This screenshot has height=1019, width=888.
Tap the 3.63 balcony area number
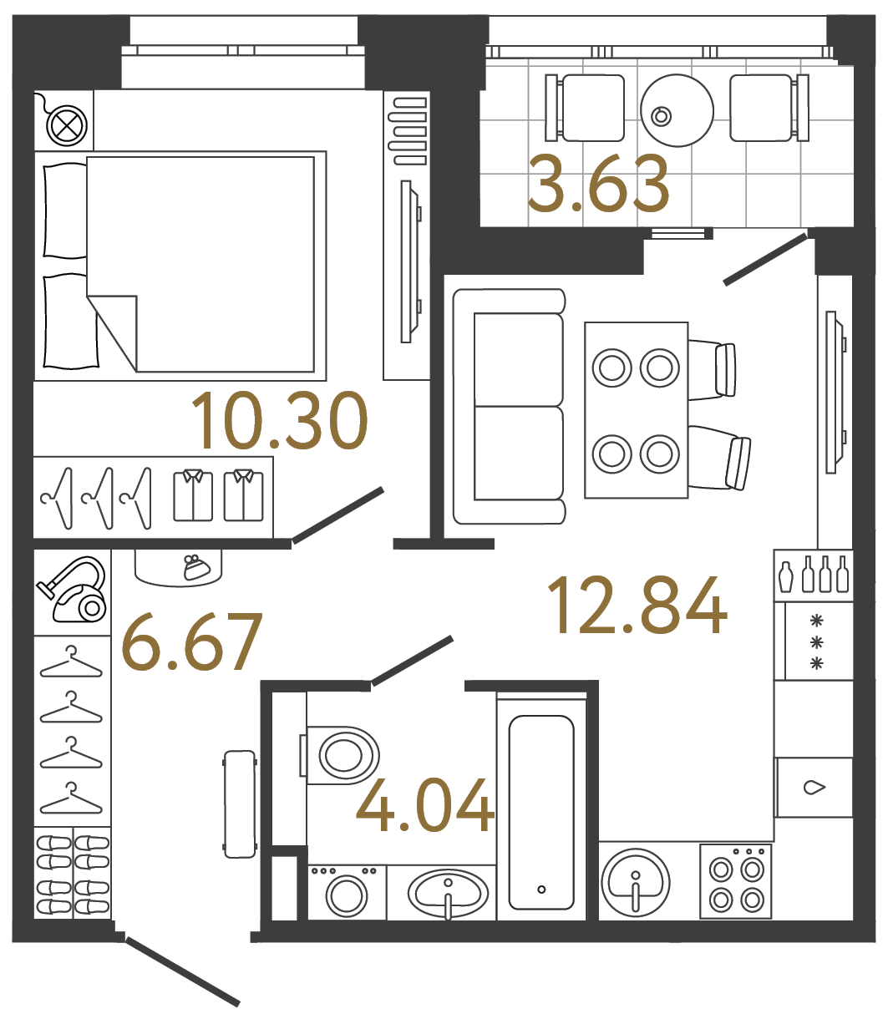click(x=599, y=185)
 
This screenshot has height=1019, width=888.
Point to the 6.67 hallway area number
click(x=192, y=643)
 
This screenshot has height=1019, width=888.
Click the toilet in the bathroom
click(x=343, y=755)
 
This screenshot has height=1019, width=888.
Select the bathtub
click(x=541, y=812)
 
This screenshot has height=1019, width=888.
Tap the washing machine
click(x=347, y=894)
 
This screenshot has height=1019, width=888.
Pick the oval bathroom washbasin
click(x=448, y=892)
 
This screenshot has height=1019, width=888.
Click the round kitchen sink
click(x=635, y=880)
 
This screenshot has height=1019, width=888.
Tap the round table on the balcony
click(x=677, y=110)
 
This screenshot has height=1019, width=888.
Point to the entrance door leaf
click(x=182, y=971)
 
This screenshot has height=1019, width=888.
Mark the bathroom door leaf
click(x=412, y=662)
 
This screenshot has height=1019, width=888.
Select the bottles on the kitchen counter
click(x=814, y=575)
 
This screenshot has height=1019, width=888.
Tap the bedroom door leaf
click(x=338, y=515)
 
